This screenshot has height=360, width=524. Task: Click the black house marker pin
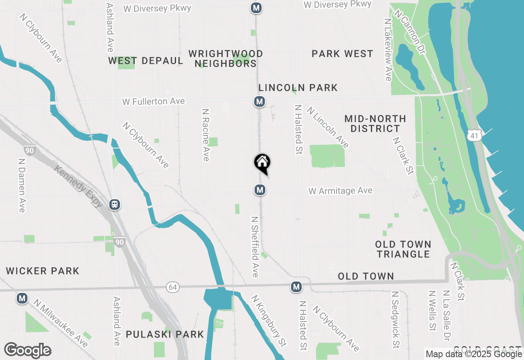[x=262, y=163]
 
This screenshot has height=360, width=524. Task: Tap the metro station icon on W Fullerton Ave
[x=259, y=101]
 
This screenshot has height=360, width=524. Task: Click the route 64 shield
[x=173, y=288]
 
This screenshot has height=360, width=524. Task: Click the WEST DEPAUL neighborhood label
[x=145, y=61]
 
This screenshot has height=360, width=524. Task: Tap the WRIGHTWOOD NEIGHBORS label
[x=226, y=59]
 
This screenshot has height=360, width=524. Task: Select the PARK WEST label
[x=342, y=54]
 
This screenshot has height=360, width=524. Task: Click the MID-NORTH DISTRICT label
[x=375, y=124]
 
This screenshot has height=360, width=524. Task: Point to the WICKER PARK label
[x=43, y=271]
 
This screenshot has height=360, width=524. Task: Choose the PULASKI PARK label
[x=165, y=334]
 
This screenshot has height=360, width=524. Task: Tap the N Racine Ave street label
[x=206, y=135]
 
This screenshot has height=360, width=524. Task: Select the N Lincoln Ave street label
[x=328, y=127]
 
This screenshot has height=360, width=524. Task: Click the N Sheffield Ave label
[x=255, y=247]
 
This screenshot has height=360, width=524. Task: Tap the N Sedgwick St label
[x=395, y=320]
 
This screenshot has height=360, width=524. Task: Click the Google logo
[x=27, y=351]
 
